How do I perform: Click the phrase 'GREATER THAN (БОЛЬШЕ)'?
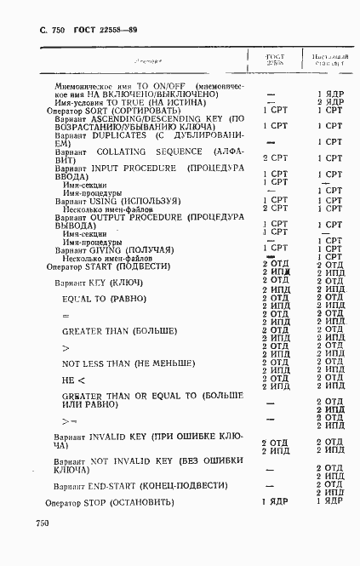[120, 330]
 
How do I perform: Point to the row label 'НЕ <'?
[74, 380]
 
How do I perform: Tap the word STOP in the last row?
[94, 502]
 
